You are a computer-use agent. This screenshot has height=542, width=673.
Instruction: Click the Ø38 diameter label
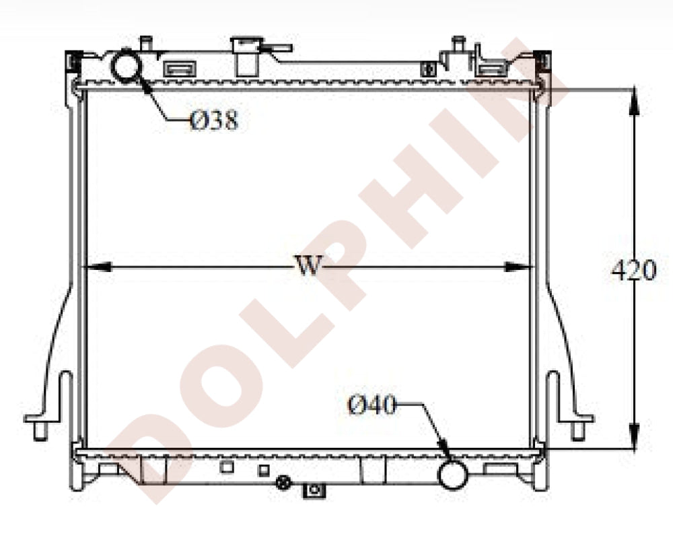tap(214, 119)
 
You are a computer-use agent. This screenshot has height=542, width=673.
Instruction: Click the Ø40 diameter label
tap(371, 405)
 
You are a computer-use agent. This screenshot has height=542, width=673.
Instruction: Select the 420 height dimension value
tap(634, 271)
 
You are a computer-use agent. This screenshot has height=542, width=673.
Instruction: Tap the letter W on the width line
tap(309, 265)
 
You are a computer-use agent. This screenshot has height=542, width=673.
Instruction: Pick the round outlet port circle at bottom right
tap(452, 474)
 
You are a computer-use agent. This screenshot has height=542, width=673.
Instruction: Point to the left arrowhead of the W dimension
tap(97, 267)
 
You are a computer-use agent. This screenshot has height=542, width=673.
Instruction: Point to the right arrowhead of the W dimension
tap(518, 267)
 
